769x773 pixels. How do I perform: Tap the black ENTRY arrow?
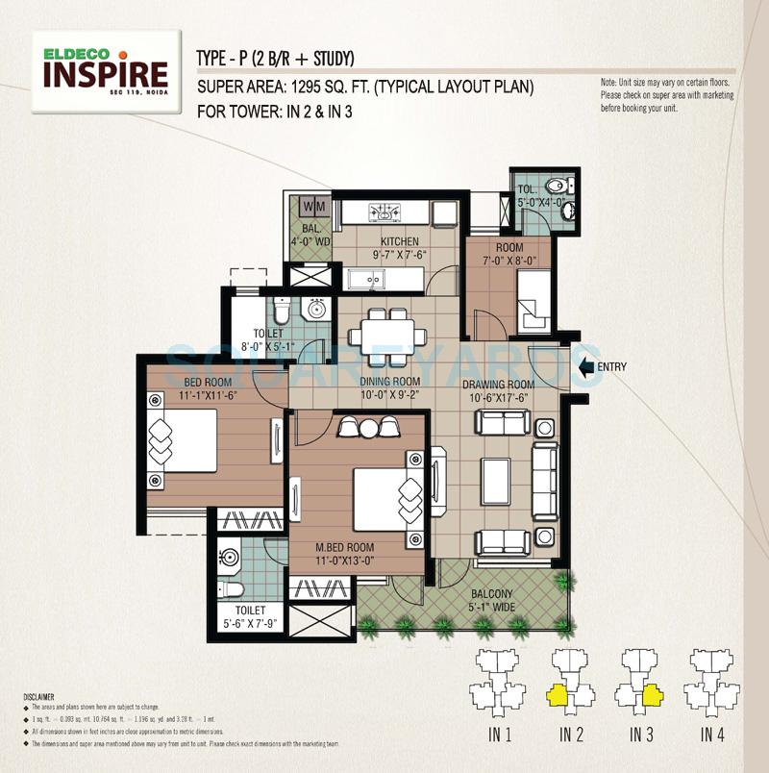(585, 366)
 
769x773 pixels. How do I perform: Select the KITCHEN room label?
(398, 241)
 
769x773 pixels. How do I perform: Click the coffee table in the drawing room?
(496, 482)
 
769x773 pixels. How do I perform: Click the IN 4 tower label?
(711, 736)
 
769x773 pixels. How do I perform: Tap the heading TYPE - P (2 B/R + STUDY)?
(275, 56)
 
